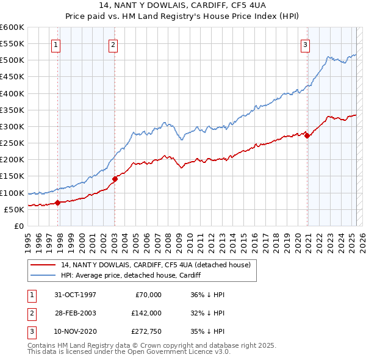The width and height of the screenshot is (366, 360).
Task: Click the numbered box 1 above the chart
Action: tap(56, 44)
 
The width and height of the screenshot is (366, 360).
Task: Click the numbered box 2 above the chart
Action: tap(113, 44)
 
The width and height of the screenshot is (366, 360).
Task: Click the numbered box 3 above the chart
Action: tap(304, 44)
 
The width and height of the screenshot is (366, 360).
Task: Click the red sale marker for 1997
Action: tap(57, 203)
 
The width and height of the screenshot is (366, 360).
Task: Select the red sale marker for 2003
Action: tap(115, 179)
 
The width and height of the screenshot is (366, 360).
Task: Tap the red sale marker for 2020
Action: tap(307, 136)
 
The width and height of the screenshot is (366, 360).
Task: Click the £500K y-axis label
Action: tap(13, 60)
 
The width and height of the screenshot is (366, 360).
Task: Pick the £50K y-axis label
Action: tap(15, 209)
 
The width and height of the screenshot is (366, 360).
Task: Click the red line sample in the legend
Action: tap(43, 265)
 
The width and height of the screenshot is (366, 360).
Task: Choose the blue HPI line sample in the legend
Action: tap(43, 275)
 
